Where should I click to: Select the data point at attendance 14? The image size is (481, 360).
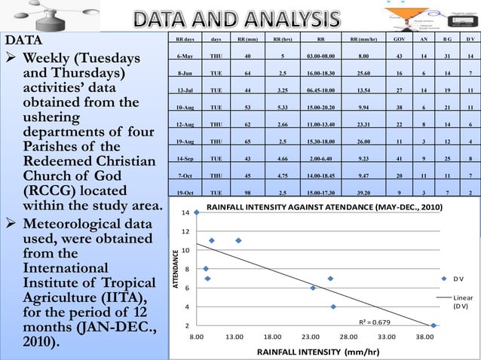point(197,212)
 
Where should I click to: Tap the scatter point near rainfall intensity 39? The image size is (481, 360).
point(434,325)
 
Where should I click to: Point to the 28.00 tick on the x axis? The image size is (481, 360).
point(349,337)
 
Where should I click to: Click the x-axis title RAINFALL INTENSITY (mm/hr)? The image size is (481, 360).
point(317,352)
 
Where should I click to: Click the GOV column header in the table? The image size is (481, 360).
point(399,37)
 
